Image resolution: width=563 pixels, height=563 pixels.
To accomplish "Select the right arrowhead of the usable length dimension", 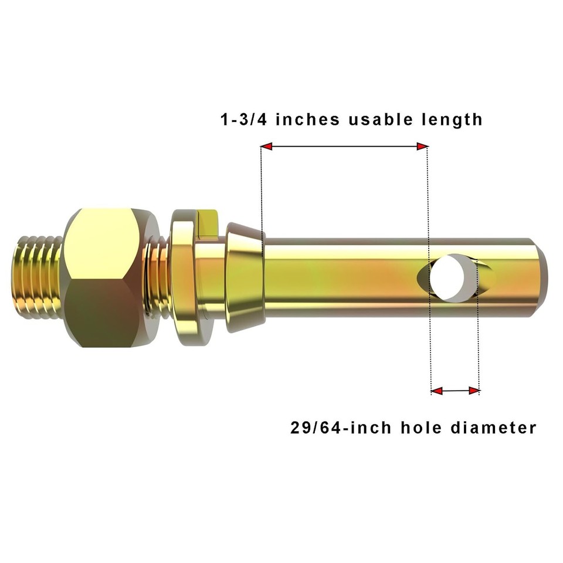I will coord(422,146).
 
